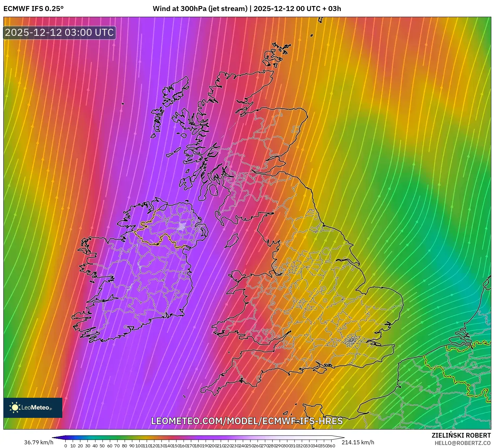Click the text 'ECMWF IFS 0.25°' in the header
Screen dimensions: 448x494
(33, 9)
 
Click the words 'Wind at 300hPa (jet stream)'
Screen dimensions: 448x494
(200, 9)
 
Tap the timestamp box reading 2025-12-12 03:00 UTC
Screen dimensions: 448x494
(60, 32)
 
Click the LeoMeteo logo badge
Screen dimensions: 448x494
(33, 407)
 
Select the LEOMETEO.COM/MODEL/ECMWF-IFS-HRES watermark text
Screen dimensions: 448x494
(247, 421)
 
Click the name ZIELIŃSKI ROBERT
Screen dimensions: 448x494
(461, 435)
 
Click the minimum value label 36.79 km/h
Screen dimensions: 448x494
(39, 442)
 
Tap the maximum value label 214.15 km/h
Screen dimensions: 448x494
(358, 442)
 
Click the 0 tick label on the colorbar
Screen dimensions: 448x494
(65, 446)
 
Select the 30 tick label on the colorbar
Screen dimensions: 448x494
(88, 446)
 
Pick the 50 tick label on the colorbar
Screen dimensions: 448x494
(102, 446)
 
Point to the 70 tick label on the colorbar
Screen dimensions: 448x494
(117, 446)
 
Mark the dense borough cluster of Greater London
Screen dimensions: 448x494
(351, 341)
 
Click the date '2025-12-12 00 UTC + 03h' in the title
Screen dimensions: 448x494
(297, 9)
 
